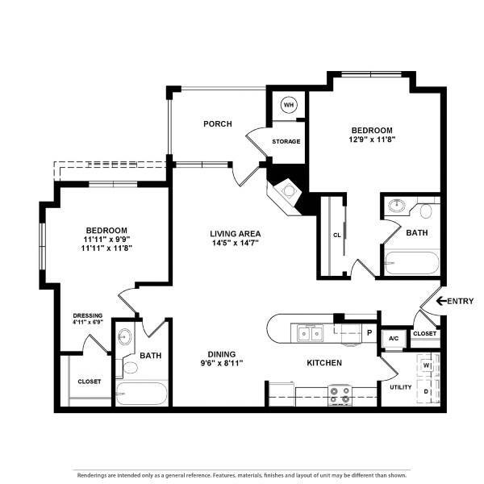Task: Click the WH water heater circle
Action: tap(289, 105)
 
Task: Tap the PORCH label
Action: tap(218, 123)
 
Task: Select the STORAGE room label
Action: tap(286, 141)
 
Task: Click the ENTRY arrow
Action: tap(441, 301)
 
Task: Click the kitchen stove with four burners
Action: tap(340, 395)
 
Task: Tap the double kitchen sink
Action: tap(311, 333)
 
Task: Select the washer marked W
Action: tap(427, 365)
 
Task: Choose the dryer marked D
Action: tap(427, 391)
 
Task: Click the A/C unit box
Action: tap(394, 339)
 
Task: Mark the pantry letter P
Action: tap(369, 332)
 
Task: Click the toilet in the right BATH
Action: tap(426, 211)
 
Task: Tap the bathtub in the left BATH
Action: tap(142, 394)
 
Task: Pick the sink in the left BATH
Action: tap(125, 336)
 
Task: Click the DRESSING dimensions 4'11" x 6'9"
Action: tap(88, 322)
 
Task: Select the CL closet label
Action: tap(336, 236)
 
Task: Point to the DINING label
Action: tap(222, 354)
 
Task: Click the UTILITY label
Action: tap(401, 387)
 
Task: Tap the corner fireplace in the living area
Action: tap(286, 194)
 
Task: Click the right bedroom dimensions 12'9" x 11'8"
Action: tap(372, 140)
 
